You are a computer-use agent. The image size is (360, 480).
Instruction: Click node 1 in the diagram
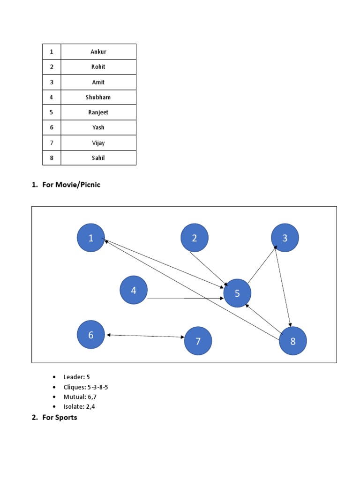[x=91, y=238]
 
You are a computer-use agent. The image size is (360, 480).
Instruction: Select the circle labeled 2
[x=195, y=238]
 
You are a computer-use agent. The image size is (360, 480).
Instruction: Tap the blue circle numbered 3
[x=285, y=238]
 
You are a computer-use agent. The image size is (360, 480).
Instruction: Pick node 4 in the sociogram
[x=134, y=290]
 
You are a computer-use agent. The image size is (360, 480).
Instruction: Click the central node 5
[x=237, y=293]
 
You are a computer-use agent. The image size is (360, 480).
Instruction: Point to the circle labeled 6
[x=91, y=335]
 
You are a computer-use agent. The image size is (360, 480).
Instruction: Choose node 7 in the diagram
[x=198, y=341]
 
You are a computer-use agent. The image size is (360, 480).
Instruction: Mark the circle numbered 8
[x=293, y=341]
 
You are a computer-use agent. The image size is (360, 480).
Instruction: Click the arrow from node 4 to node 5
[x=185, y=298]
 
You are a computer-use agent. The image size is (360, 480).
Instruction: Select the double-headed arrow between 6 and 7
[x=145, y=336]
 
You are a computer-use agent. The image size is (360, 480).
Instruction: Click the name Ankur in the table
[x=98, y=52]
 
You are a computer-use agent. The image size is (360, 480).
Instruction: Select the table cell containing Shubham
[x=98, y=97]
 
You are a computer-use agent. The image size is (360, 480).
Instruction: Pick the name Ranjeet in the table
[x=98, y=112]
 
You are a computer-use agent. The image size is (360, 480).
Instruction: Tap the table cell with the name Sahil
[x=98, y=158]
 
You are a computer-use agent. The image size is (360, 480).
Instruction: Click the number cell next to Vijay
[x=52, y=143]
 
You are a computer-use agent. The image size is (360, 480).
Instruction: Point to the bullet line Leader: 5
[x=76, y=377]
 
